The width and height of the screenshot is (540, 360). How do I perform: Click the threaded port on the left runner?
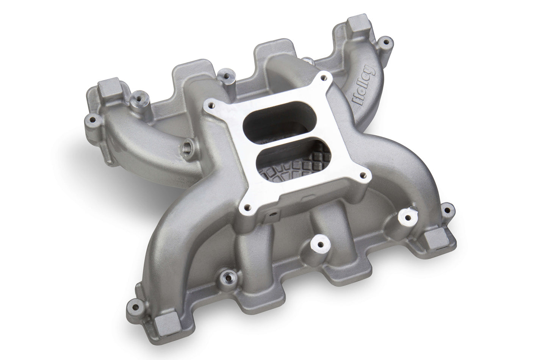pos(187,146)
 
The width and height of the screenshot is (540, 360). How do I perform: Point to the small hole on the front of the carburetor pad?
pos(272,214)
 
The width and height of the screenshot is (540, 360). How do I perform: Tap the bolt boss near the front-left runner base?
pos(228,276)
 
